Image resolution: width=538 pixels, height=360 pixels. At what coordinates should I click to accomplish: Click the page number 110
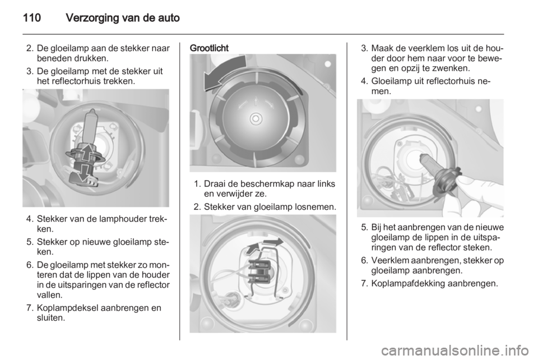click(x=31, y=17)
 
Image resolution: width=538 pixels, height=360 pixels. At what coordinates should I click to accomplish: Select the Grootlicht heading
click(x=209, y=48)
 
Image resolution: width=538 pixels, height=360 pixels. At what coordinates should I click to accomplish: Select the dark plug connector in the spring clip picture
click(x=258, y=270)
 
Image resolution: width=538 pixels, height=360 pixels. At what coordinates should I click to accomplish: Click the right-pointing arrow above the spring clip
click(x=273, y=242)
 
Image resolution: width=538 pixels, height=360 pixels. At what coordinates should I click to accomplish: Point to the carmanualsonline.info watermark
click(x=455, y=350)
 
